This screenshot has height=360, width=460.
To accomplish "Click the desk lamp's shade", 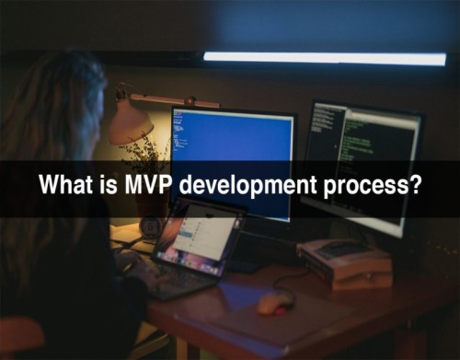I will (131, 122).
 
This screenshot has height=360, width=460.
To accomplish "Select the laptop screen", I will (197, 238).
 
